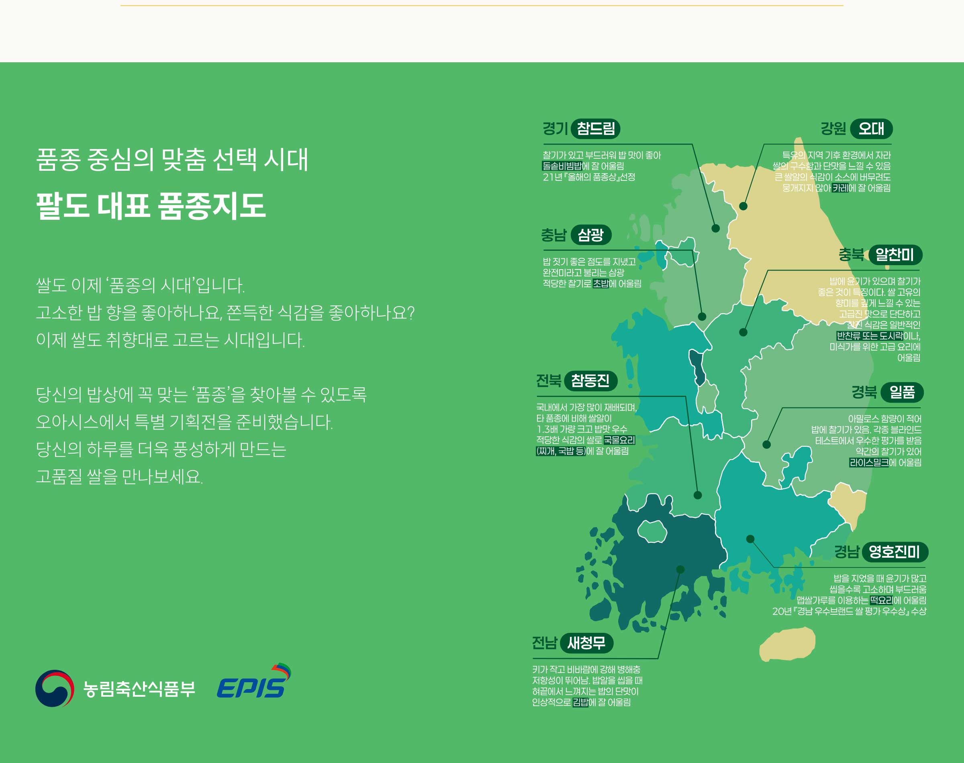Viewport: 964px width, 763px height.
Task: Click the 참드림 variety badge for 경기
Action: click(596, 129)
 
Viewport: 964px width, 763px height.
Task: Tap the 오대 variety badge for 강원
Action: click(871, 129)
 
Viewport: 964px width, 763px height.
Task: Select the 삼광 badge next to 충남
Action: click(591, 235)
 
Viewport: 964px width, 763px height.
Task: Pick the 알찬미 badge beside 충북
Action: click(895, 255)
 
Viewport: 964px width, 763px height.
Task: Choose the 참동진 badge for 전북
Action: click(590, 380)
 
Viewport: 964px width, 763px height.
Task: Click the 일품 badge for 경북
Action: click(902, 392)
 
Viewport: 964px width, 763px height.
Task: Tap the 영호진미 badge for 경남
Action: click(895, 552)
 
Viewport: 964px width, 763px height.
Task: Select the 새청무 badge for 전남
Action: click(586, 643)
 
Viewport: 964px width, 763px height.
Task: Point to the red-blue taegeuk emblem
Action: click(55, 688)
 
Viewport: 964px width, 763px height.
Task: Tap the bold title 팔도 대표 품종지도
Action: click(151, 206)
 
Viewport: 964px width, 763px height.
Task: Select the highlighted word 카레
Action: click(840, 188)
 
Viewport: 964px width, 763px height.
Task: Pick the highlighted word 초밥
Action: click(600, 284)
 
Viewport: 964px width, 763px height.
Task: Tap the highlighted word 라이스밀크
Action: click(869, 462)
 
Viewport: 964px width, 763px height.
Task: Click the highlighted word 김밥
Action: click(580, 702)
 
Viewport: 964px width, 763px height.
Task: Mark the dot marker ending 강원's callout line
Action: click(743, 206)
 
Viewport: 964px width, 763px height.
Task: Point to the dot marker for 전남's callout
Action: click(680, 570)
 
